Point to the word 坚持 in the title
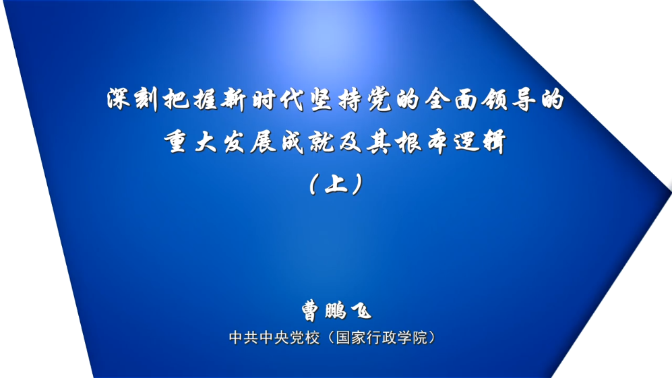pyautogui.click(x=336, y=100)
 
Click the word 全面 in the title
pyautogui.click(x=452, y=100)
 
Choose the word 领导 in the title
pyautogui.click(x=509, y=100)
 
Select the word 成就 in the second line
pyautogui.click(x=307, y=142)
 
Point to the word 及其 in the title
pyautogui.click(x=365, y=142)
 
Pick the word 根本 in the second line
pyautogui.click(x=422, y=142)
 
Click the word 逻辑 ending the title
pyautogui.click(x=481, y=142)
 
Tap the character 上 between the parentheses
pyautogui.click(x=336, y=185)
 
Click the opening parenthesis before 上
pyautogui.click(x=313, y=185)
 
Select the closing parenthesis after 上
pyautogui.click(x=358, y=185)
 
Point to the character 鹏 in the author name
pyautogui.click(x=336, y=311)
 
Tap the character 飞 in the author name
pyautogui.click(x=361, y=311)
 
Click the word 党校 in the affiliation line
pyautogui.click(x=305, y=338)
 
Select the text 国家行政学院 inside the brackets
pyautogui.click(x=381, y=338)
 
